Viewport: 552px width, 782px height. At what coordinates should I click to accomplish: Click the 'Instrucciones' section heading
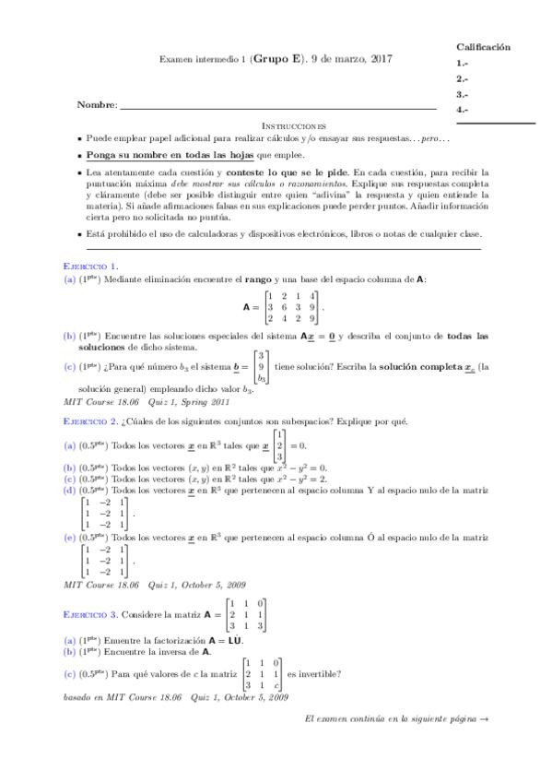tap(294, 124)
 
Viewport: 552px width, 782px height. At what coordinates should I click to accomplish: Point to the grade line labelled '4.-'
tap(463, 110)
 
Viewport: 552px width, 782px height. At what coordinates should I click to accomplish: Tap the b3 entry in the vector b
tap(262, 378)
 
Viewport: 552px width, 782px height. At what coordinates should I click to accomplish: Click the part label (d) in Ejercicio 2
tap(69, 491)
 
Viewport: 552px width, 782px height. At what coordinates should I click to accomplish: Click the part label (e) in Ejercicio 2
tap(69, 536)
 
